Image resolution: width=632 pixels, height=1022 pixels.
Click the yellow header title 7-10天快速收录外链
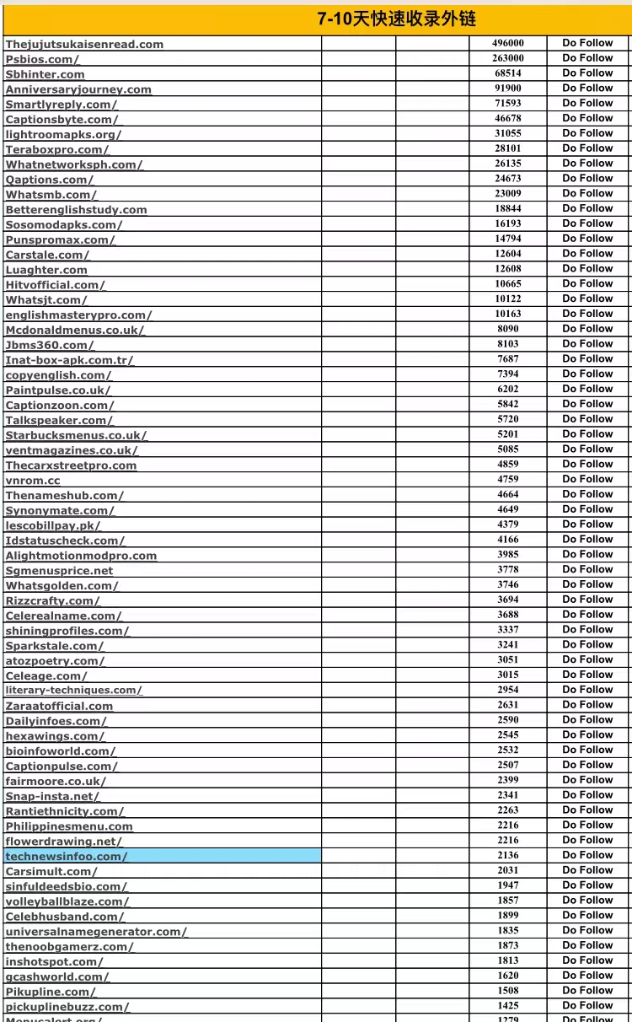tap(396, 19)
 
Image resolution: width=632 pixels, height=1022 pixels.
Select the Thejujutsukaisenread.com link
tap(84, 44)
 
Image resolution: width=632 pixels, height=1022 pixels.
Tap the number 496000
tap(507, 43)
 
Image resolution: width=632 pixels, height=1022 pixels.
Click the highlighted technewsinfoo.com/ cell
tap(67, 856)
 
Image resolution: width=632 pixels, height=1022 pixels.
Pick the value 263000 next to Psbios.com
tap(507, 58)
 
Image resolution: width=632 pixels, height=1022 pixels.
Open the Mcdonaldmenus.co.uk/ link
tap(74, 330)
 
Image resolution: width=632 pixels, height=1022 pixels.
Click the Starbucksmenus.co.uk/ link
tap(76, 435)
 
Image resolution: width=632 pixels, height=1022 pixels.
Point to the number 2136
tap(507, 855)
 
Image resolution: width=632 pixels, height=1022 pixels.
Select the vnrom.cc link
tap(33, 481)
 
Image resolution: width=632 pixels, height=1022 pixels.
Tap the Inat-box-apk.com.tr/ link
tap(69, 360)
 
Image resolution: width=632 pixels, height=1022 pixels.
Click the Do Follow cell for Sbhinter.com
tap(587, 73)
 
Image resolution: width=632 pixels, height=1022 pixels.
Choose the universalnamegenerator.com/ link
tap(96, 932)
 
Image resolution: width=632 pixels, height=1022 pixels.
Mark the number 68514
tap(507, 73)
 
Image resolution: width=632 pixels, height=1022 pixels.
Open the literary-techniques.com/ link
tap(73, 690)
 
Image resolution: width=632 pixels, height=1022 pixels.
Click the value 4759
tap(507, 479)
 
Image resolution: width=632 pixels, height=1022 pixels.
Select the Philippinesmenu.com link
tap(69, 826)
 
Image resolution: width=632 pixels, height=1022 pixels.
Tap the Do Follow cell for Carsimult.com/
tap(587, 870)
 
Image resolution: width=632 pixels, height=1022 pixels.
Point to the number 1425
tap(507, 1005)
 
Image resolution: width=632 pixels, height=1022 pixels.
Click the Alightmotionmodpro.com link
tap(81, 556)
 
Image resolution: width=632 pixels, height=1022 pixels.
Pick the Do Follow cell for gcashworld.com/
tap(587, 976)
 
